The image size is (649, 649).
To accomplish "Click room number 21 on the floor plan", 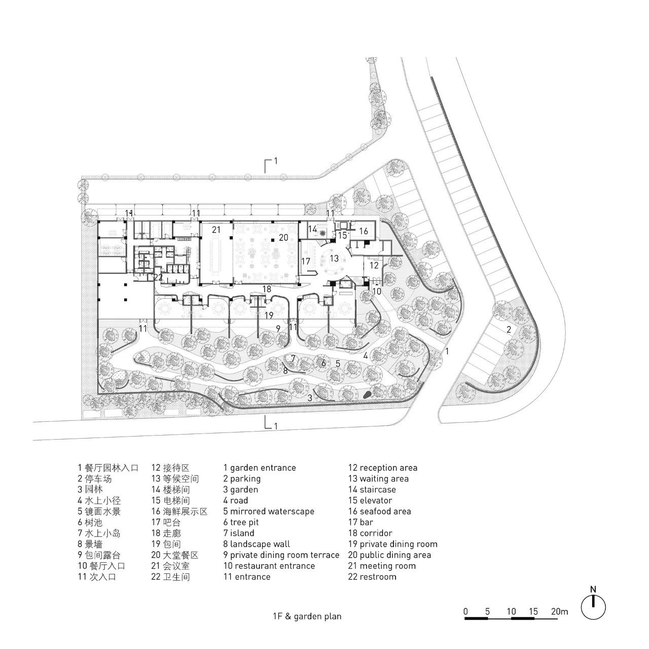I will (x=217, y=230).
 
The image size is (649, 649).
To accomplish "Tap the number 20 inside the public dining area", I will (x=283, y=237).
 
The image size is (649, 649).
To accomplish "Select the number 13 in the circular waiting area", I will (x=334, y=258).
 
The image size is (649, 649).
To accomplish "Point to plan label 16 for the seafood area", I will (x=364, y=231).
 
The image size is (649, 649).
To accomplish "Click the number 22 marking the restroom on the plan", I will (x=158, y=276).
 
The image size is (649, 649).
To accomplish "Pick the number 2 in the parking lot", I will (x=508, y=330).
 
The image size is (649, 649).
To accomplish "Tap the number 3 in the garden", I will (x=310, y=398).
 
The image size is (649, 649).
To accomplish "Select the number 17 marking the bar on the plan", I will (x=306, y=261).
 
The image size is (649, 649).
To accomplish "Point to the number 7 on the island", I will (x=293, y=358).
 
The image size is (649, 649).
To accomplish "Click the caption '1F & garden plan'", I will (x=306, y=617).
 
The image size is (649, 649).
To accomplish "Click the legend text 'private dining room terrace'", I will (x=281, y=555).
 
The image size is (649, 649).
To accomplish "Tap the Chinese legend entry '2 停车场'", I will (x=94, y=479).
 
